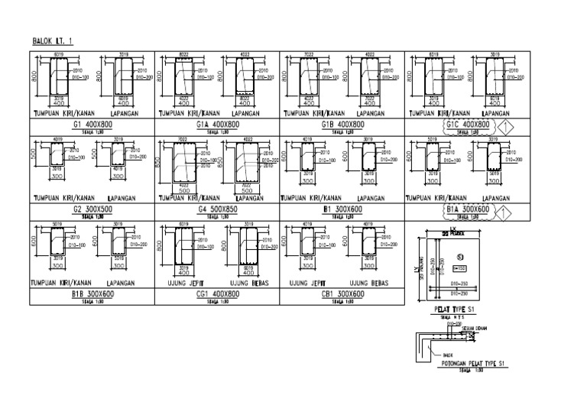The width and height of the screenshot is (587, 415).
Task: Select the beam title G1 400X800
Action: tap(92, 124)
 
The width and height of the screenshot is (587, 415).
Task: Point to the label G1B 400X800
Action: tap(342, 124)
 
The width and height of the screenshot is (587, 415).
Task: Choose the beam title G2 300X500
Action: tap(92, 209)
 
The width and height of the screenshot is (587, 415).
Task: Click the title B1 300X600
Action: tap(342, 209)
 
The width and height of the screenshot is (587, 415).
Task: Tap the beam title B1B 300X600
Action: tap(92, 293)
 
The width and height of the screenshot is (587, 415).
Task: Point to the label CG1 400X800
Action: tap(217, 293)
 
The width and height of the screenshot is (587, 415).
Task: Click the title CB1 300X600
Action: tap(342, 293)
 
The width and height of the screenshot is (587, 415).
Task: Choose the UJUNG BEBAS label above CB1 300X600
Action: tap(368, 283)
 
